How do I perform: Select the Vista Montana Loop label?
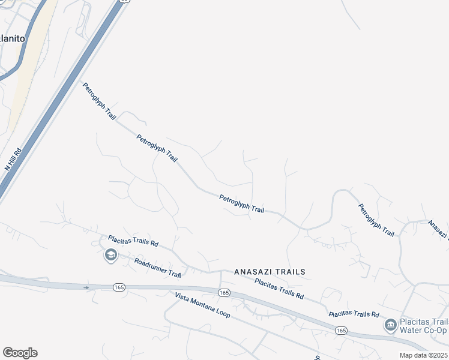click(x=202, y=306)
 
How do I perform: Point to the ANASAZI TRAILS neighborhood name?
click(x=270, y=272)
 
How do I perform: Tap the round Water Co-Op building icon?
click(x=390, y=325)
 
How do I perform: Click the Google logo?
click(x=20, y=353)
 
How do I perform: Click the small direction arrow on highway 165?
click(x=86, y=287)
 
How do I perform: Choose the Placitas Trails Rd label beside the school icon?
click(x=133, y=241)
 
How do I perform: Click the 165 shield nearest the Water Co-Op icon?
click(x=341, y=331)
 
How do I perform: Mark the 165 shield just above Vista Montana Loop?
click(x=223, y=293)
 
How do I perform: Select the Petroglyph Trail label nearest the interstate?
click(x=98, y=101)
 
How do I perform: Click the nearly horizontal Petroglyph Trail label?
click(x=241, y=204)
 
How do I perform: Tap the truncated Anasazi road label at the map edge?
click(x=438, y=230)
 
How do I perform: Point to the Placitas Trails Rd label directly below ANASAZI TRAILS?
click(x=279, y=289)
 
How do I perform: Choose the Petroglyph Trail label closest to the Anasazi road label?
click(x=376, y=220)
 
